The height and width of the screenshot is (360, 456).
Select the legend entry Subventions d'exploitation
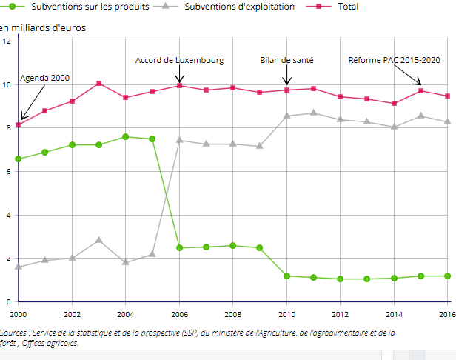click(x=238, y=7)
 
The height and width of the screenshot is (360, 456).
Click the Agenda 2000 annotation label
click(x=44, y=78)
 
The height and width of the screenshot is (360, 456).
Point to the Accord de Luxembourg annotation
click(x=179, y=60)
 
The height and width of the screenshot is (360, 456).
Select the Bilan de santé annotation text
click(x=286, y=60)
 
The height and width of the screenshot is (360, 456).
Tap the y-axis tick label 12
click(x=6, y=41)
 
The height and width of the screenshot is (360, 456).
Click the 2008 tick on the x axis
click(x=232, y=314)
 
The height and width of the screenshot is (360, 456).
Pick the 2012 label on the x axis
click(x=340, y=314)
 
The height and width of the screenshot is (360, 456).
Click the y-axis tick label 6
click(x=7, y=171)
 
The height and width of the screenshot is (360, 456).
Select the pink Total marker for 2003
click(x=98, y=84)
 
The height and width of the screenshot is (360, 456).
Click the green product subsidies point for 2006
click(x=179, y=247)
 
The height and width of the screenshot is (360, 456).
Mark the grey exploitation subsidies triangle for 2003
click(x=98, y=240)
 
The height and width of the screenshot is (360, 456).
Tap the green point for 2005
click(x=152, y=139)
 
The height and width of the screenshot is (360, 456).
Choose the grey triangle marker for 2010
click(x=286, y=116)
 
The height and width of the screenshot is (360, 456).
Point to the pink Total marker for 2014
click(x=394, y=104)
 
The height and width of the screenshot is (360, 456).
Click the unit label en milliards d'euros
click(x=43, y=28)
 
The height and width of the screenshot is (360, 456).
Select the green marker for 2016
click(x=447, y=276)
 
